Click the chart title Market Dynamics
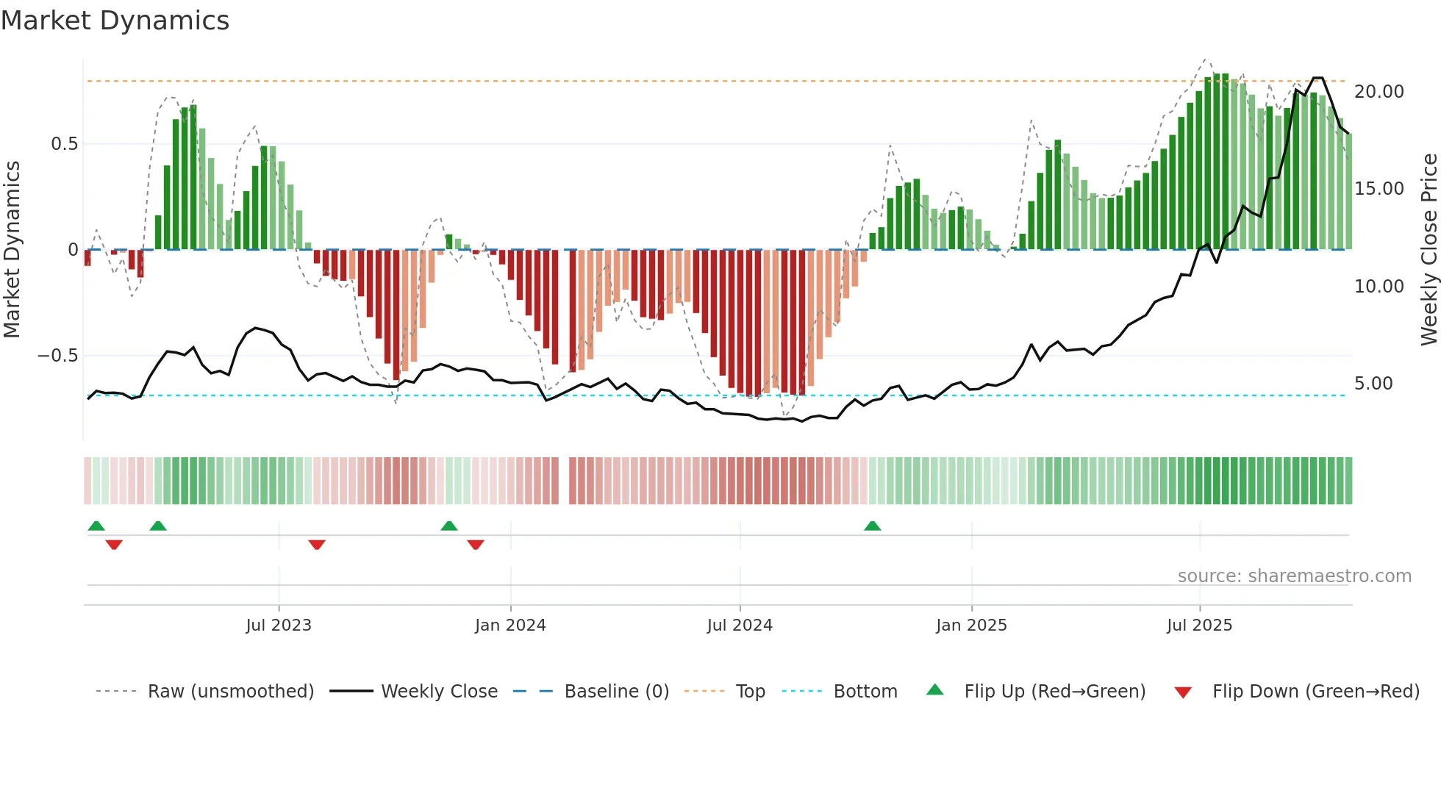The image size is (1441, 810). [x=115, y=21]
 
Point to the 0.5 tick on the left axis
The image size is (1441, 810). [x=64, y=144]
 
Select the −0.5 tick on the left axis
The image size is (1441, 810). [x=57, y=356]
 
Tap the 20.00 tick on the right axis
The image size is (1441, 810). [x=1379, y=92]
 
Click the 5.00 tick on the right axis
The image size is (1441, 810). [x=1373, y=384]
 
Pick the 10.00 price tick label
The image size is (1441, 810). [x=1379, y=287]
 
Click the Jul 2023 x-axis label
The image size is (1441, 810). [x=279, y=626]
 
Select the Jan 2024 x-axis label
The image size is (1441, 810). [x=510, y=626]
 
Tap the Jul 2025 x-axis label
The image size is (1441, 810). [x=1199, y=626]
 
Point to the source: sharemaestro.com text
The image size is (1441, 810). [x=1294, y=576]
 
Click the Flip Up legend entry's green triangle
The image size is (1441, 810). [x=934, y=689]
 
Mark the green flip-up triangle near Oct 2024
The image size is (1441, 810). [x=872, y=526]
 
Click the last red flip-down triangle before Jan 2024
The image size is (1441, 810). [x=476, y=545]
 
